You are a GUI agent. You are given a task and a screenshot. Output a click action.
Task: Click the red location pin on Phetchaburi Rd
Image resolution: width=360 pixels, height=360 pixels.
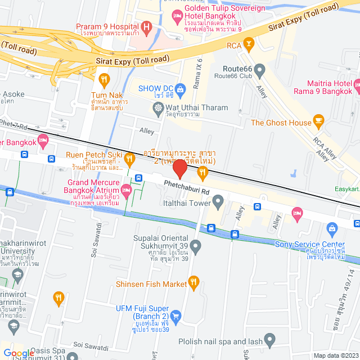coord(180,169)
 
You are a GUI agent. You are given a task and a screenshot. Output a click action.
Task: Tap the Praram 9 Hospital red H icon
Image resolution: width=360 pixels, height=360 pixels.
coord(147,26)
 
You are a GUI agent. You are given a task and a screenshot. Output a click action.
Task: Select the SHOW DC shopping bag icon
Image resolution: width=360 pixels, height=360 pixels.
coord(180,88)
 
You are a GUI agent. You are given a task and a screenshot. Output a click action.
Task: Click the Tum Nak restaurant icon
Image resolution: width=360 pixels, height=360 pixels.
coord(103,79)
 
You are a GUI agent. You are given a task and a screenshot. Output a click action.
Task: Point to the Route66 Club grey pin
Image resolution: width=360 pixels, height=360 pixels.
coord(259,70)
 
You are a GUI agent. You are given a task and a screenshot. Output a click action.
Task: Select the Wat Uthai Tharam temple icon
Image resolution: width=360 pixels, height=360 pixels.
coord(160,107)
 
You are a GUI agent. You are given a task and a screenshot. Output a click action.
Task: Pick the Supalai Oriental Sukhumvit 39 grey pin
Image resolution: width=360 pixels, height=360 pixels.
coord(196,246)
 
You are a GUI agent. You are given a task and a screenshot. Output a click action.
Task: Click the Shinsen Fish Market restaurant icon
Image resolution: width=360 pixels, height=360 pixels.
coord(194,281)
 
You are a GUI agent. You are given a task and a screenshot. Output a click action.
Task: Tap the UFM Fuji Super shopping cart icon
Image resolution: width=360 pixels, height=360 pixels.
coord(175,316)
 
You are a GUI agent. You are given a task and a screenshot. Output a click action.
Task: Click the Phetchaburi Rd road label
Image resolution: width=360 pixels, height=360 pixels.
coord(186,183)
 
